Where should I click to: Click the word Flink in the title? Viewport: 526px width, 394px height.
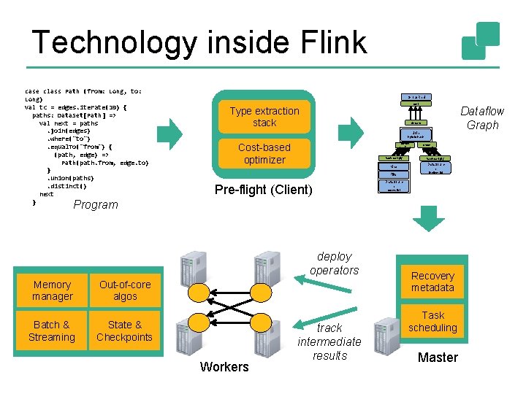pos(326,42)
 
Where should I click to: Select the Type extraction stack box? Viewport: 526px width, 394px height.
pos(264,117)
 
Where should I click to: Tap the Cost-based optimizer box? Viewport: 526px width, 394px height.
pos(264,153)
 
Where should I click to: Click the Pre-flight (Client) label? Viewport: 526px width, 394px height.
pos(263,190)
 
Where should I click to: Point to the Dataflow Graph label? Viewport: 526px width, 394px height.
pos(482,117)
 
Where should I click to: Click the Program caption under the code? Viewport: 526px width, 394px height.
pos(96,204)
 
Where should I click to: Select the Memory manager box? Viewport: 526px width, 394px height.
pos(53,290)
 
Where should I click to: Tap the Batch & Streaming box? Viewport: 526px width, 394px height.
pos(52,331)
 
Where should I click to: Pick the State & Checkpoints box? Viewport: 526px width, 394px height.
pos(124,331)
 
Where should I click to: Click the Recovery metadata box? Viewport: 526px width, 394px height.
pos(432,282)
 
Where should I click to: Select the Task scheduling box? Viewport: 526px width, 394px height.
pos(432,322)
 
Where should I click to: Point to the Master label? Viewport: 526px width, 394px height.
pos(438,357)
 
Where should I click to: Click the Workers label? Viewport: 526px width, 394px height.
pos(224,366)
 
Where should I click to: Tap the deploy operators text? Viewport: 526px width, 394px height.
pos(335,263)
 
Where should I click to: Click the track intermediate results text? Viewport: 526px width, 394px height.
pos(329,341)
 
